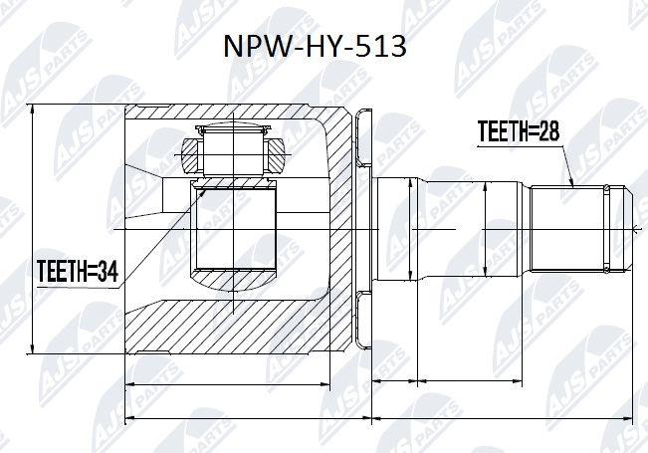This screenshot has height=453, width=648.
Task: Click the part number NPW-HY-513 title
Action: [315, 46]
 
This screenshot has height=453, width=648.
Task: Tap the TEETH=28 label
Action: [519, 131]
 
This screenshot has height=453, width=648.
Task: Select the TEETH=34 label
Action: [78, 272]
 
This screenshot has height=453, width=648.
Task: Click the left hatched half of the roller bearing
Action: [192, 156]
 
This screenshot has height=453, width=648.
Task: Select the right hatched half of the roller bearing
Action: [276, 156]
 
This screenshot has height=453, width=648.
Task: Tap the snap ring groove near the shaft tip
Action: [606, 229]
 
